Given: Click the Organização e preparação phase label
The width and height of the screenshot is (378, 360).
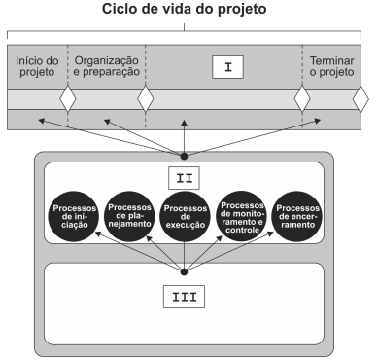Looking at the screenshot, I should click(106, 67).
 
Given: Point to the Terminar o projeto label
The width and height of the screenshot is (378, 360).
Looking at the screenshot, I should click(330, 67).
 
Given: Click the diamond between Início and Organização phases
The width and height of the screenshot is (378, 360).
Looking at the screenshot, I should click(67, 98).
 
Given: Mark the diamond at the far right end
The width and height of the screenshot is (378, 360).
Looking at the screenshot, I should click(361, 98).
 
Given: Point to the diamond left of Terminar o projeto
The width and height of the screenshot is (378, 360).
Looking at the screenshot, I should click(302, 98).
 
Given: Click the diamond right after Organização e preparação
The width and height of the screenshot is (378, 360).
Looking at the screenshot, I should click(145, 98).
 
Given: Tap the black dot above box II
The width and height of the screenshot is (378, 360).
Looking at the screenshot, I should click(184, 155).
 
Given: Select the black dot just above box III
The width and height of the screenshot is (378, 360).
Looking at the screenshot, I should click(184, 272).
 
